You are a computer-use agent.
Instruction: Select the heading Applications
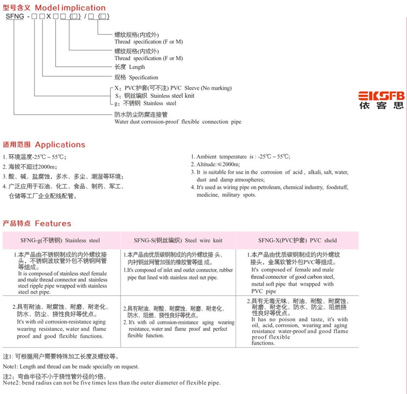click(60, 144)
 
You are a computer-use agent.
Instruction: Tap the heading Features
click(53, 223)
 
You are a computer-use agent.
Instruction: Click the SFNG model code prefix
click(15, 17)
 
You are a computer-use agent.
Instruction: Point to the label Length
click(137, 67)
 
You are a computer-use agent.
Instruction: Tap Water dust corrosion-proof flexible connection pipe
click(178, 122)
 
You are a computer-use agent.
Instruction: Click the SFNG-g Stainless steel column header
click(61, 240)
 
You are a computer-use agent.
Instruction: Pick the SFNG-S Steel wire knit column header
click(178, 240)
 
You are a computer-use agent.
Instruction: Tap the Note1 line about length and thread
click(71, 366)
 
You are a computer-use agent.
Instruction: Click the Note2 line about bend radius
click(112, 383)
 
